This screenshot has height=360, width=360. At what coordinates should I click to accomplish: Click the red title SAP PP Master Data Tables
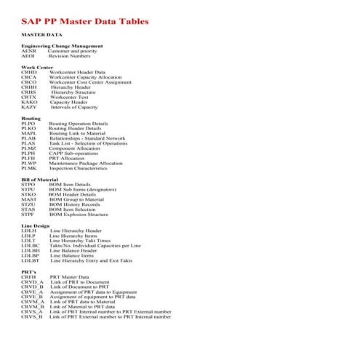(84, 21)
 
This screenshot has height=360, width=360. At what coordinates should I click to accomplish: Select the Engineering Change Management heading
(62, 46)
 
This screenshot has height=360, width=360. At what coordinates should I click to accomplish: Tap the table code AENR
(28, 51)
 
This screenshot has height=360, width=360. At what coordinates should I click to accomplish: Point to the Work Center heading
(36, 67)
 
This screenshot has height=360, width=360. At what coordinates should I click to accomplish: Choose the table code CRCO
(29, 82)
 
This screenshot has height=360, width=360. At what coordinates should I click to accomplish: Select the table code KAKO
(29, 103)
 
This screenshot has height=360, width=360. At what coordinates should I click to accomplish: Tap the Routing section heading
(31, 118)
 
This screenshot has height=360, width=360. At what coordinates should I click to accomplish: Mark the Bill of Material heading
(39, 180)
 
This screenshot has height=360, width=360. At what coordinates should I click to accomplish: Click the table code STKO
(29, 194)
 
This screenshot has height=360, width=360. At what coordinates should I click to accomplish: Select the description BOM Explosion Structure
(79, 215)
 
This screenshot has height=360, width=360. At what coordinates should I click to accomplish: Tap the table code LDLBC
(31, 246)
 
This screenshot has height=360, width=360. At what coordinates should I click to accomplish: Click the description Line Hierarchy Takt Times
(80, 241)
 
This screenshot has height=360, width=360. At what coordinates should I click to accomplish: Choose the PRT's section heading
(29, 271)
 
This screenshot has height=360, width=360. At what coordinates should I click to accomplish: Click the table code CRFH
(28, 277)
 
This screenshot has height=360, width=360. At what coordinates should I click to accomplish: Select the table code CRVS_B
(32, 317)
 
